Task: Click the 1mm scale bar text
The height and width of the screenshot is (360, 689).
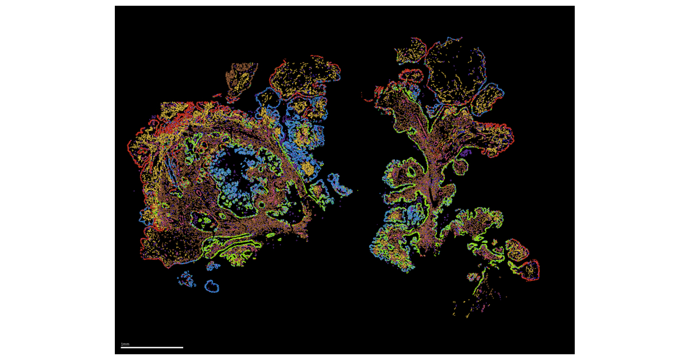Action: pyautogui.click(x=125, y=344)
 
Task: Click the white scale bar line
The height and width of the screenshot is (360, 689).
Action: pyautogui.click(x=152, y=347)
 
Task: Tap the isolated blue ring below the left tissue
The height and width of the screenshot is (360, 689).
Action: pyautogui.click(x=212, y=286)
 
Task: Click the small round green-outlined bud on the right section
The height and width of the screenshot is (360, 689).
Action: pyautogui.click(x=459, y=167)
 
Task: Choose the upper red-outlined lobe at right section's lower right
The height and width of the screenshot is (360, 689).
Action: pyautogui.click(x=517, y=250)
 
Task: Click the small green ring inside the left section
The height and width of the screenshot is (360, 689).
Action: pyautogui.click(x=262, y=205)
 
